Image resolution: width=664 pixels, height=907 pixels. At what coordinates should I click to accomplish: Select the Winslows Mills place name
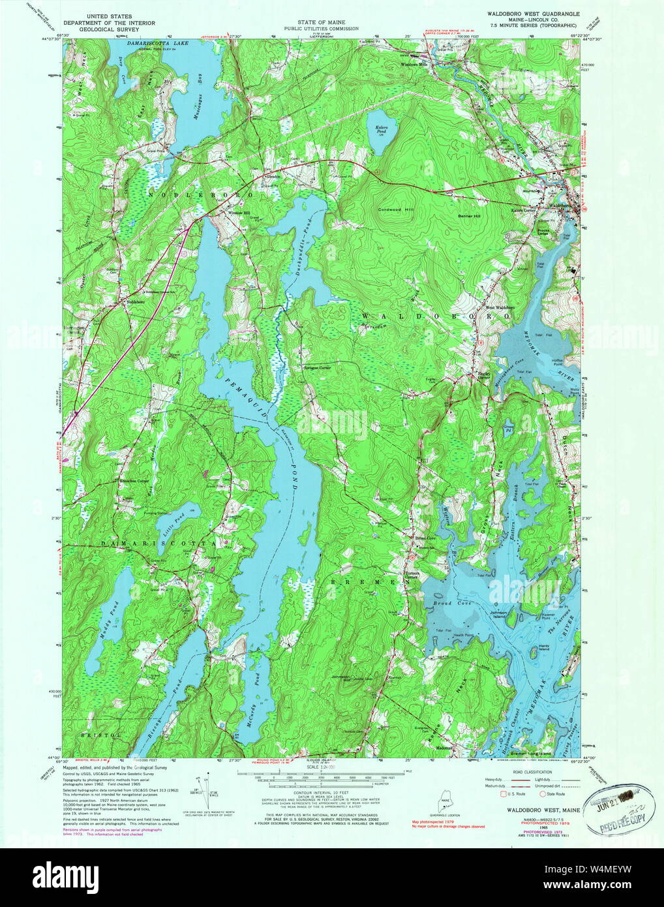point(414,65)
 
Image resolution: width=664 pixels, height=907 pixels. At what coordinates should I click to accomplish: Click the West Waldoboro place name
point(499,307)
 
